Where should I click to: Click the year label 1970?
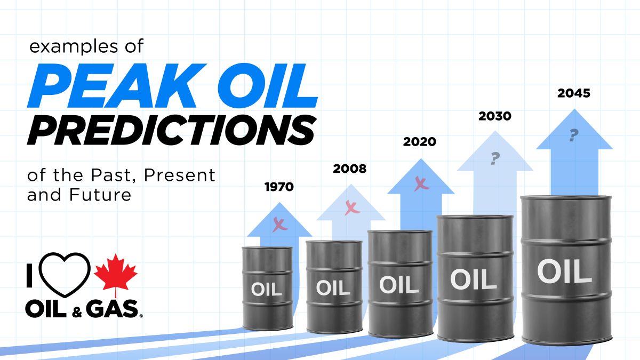[279, 187]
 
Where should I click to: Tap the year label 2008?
[350, 169]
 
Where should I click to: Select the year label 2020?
[419, 142]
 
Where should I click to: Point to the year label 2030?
[494, 116]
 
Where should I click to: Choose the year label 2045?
[574, 93]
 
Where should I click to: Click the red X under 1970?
[279, 224]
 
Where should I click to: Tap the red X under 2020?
[421, 183]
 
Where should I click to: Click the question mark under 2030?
[495, 158]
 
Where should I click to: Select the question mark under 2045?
[574, 135]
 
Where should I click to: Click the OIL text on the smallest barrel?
[266, 290]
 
